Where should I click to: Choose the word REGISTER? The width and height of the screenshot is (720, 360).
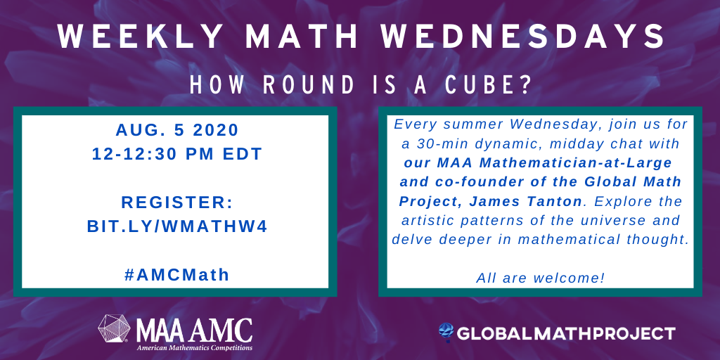(x=176, y=202)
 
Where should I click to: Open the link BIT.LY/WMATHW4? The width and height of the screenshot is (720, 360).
(x=176, y=226)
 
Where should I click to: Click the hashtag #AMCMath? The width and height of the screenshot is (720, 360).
(x=176, y=274)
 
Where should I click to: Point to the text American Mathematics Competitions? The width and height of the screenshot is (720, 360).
(x=194, y=347)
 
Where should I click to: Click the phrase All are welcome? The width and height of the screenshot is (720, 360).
(x=540, y=277)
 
